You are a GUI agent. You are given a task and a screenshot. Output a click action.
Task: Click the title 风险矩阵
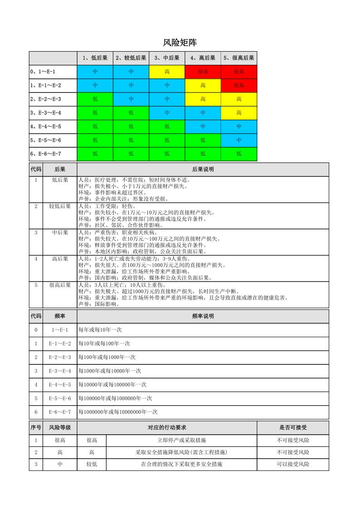[180, 43]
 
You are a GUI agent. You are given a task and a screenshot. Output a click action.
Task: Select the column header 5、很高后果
[239, 58]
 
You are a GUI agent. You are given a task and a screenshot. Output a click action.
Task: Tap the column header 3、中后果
[167, 58]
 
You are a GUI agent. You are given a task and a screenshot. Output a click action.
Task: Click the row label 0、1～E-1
[46, 72]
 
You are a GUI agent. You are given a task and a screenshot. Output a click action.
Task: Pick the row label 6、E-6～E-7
[46, 154]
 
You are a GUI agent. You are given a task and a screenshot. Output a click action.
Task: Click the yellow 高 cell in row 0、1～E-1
[167, 72]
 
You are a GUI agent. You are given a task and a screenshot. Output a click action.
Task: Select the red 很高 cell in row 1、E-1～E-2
[239, 85]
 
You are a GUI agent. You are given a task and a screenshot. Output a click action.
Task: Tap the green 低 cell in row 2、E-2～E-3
[95, 99]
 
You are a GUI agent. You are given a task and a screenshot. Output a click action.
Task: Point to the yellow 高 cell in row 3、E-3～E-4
[239, 113]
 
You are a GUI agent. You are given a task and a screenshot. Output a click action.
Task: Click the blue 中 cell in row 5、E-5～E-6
[239, 140]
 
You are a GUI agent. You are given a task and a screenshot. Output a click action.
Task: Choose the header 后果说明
[203, 170]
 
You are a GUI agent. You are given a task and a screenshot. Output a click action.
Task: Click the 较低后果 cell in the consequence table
[60, 206]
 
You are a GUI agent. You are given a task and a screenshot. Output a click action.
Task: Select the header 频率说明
[203, 316]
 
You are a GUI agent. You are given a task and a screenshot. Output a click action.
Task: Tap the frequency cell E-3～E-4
[60, 371]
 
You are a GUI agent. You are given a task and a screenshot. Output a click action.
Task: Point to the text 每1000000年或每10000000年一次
[118, 412]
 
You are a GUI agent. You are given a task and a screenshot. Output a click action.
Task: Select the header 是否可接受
[293, 427]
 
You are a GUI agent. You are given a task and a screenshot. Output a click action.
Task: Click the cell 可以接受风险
[293, 464]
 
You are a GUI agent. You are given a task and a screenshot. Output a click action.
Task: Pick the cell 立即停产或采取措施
[181, 440]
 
